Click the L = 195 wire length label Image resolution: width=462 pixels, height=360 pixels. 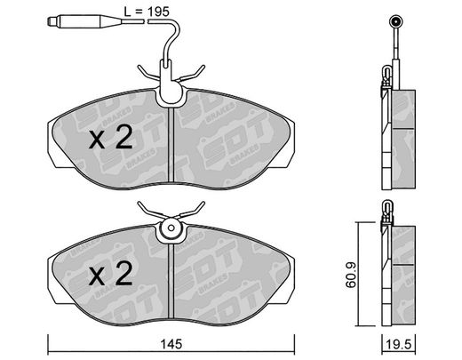point(147,12)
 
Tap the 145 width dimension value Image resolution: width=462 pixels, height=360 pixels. point(171,344)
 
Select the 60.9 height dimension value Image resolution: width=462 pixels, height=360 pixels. point(351,275)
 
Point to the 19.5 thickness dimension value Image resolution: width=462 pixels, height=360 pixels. point(399,345)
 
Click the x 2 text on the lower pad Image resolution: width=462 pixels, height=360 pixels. point(110,274)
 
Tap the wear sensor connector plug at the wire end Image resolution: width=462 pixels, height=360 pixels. point(84,21)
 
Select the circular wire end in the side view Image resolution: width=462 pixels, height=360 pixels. point(395,22)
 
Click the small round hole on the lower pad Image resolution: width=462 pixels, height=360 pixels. point(171,228)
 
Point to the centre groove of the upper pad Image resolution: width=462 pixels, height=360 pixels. point(171,145)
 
